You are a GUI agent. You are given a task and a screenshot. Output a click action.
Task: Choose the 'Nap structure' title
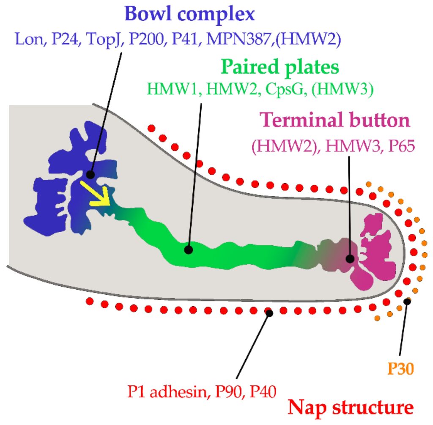(x=351, y=407)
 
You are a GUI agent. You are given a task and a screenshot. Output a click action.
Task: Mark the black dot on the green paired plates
(x=189, y=250)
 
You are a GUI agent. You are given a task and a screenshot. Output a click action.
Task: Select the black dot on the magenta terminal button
(x=350, y=258)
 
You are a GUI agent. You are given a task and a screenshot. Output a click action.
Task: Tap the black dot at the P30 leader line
(x=407, y=301)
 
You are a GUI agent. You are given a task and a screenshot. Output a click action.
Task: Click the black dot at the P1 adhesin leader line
(x=269, y=313)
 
